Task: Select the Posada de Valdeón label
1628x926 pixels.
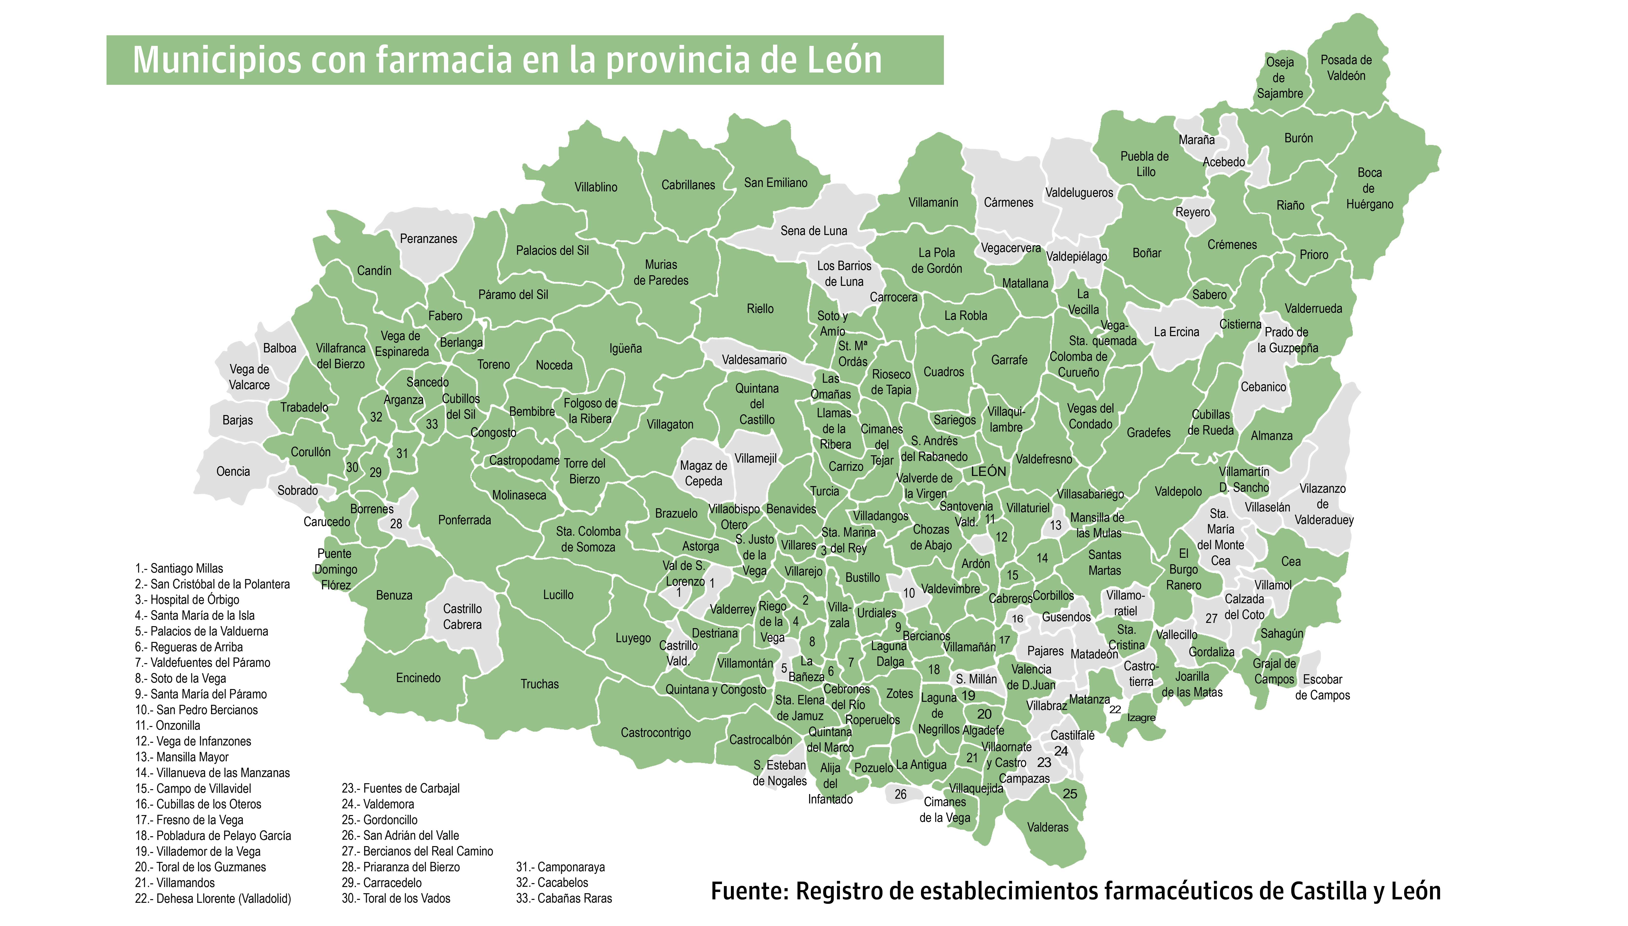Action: click(x=1346, y=67)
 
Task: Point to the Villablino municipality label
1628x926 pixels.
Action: click(x=596, y=187)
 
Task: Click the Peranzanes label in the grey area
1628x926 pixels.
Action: click(x=428, y=238)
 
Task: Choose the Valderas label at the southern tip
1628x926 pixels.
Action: click(x=1048, y=827)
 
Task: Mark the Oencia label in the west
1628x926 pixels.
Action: click(x=233, y=471)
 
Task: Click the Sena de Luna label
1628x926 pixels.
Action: click(x=814, y=231)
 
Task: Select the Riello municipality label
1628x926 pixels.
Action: click(x=760, y=309)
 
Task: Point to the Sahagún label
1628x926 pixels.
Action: click(x=1282, y=634)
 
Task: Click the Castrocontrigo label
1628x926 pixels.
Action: click(x=655, y=733)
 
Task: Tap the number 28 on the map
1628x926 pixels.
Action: click(x=396, y=524)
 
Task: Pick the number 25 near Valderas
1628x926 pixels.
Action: click(x=1070, y=794)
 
